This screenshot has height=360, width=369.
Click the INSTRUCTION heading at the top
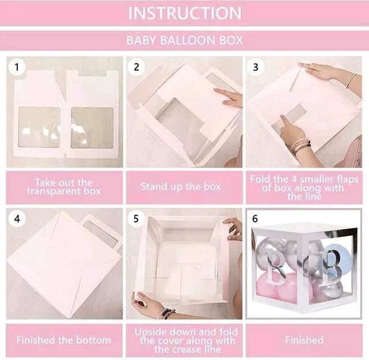tap(185, 13)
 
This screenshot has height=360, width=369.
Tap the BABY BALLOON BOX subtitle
tap(185, 40)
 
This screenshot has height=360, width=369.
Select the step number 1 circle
tap(17, 67)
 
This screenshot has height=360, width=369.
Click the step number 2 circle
tap(136, 67)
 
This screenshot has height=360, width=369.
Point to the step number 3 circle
tap(256, 67)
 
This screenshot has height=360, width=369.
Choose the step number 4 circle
tap(17, 219)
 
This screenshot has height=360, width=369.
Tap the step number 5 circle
tap(136, 219)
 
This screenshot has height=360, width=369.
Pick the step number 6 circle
tap(255, 218)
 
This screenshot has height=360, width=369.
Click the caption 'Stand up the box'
tap(181, 187)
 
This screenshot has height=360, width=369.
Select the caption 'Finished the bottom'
tap(64, 340)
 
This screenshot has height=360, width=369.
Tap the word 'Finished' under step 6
tap(304, 340)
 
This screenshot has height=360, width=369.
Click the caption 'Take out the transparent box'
tap(64, 187)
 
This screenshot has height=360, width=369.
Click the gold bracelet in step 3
tap(351, 81)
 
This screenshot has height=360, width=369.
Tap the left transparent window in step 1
tap(39, 128)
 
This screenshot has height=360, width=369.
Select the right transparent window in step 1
tap(92, 128)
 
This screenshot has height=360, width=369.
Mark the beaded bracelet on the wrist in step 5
tap(167, 313)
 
